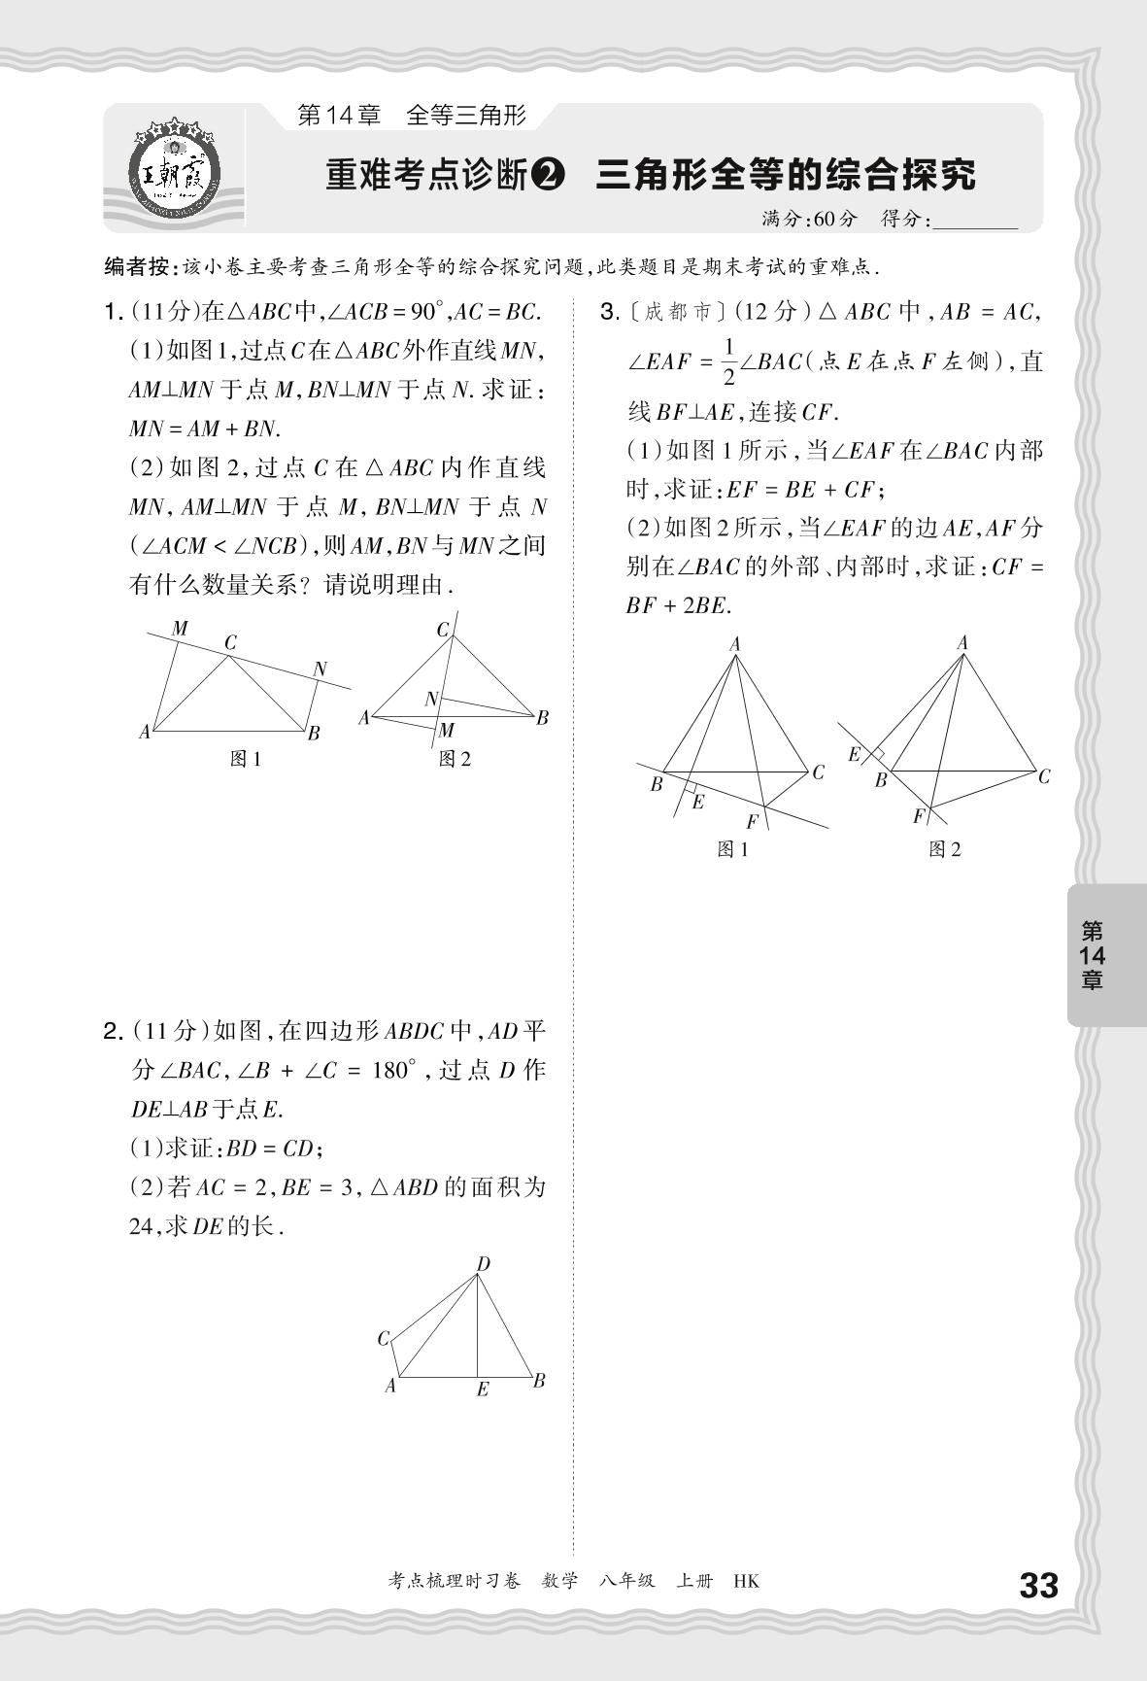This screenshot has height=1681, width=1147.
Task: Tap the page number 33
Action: tap(1037, 1586)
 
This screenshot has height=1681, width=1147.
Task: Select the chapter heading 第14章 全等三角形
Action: tap(411, 116)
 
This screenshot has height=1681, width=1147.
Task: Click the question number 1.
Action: tap(111, 312)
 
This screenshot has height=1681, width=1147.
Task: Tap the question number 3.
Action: tap(610, 312)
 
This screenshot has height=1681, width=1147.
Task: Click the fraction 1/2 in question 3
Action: tap(729, 361)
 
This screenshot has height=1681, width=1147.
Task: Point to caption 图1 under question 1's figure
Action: tap(246, 759)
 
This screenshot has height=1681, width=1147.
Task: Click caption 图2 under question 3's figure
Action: tap(944, 849)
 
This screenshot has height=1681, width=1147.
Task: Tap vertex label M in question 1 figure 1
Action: tap(180, 629)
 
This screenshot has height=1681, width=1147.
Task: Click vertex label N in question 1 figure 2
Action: tap(431, 699)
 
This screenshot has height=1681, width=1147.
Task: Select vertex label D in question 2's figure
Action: tap(483, 1264)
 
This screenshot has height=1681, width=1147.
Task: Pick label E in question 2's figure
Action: tap(482, 1389)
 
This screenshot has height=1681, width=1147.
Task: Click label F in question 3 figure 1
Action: tap(752, 822)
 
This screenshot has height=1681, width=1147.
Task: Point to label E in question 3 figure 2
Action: tap(855, 754)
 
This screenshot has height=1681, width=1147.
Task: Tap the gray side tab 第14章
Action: tap(1093, 955)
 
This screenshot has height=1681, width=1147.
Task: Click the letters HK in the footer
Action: tap(746, 1581)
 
